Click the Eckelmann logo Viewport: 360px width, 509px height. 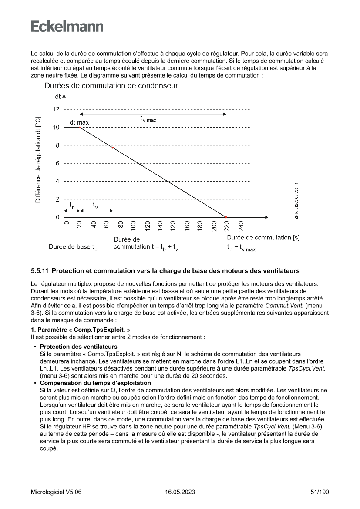(67, 27)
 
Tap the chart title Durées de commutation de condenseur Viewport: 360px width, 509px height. (111, 86)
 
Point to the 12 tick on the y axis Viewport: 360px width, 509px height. (56, 109)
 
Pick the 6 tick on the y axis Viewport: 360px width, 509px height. (57, 163)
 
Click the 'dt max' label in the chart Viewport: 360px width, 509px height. (79, 122)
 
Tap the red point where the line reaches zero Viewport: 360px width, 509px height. (226, 217)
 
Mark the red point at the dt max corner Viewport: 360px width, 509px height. (80, 128)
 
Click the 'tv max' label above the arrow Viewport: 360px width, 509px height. (148, 118)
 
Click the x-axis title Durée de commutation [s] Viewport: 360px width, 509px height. (263, 238)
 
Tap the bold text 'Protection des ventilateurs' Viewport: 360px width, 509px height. (78, 347)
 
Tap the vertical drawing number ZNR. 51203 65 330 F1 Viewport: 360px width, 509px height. (296, 202)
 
